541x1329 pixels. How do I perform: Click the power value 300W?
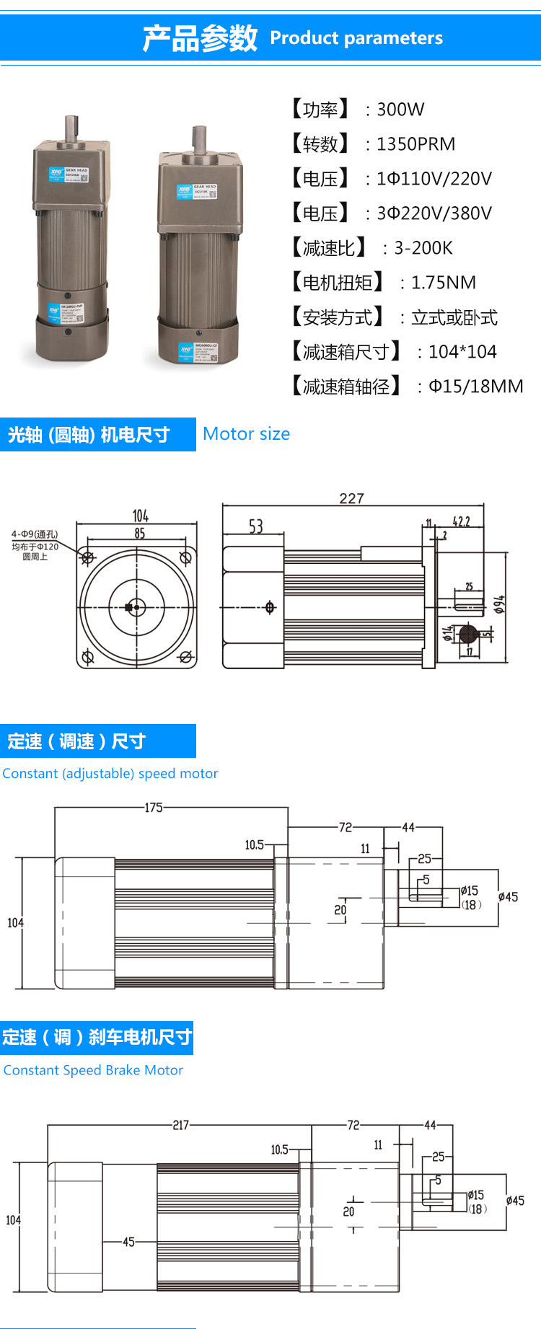coord(400,110)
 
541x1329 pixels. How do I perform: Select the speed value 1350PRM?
coord(415,144)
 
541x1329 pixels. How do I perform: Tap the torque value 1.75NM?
coord(443,283)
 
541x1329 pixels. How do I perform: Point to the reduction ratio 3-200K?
coord(423,248)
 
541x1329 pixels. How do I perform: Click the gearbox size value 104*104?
coord(462,352)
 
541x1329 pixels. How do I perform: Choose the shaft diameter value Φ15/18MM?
coord(475,387)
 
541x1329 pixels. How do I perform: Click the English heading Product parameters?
coord(356,38)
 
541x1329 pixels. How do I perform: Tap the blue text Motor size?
coord(246,434)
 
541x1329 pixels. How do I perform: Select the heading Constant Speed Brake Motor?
coord(93,1070)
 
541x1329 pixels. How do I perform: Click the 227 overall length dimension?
coord(351,498)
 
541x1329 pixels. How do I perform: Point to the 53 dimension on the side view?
coord(255,526)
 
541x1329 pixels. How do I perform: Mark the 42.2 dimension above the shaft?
coord(461,521)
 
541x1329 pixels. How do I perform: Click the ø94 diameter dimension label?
coord(499,604)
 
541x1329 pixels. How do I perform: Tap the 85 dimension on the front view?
coord(139,533)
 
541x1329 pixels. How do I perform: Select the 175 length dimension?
coord(154,808)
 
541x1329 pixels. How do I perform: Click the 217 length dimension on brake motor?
coord(180,1125)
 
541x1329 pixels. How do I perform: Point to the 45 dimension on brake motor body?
coord(128,1242)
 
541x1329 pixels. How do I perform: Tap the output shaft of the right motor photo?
coord(198,138)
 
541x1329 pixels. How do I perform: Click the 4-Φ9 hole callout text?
coord(35,534)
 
